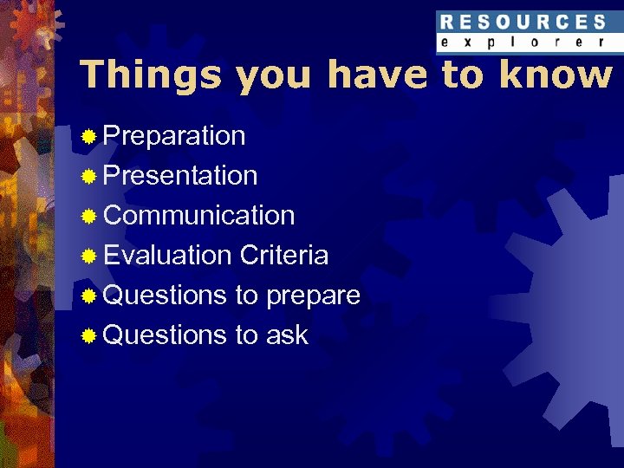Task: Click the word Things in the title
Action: [151, 75]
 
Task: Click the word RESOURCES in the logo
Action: [523, 22]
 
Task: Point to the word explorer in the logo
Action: [523, 42]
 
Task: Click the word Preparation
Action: [174, 136]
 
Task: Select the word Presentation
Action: [180, 176]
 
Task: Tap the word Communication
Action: [198, 215]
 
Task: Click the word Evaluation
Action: [167, 255]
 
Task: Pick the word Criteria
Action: [284, 255]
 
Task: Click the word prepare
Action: [313, 296]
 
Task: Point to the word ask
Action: [288, 335]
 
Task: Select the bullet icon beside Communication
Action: [88, 216]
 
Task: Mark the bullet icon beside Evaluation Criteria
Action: [88, 256]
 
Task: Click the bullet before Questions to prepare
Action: [88, 296]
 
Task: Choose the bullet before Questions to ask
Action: [88, 335]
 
